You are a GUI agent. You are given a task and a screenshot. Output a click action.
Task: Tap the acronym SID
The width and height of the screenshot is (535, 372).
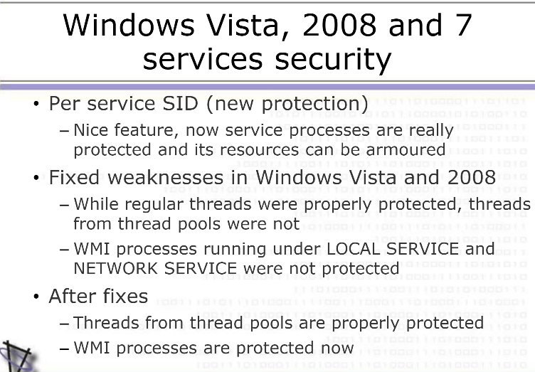(x=180, y=103)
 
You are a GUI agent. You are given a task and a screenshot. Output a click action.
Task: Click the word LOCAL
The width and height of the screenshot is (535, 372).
(x=354, y=248)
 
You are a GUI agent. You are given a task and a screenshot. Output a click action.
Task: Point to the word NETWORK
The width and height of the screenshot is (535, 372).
(x=116, y=268)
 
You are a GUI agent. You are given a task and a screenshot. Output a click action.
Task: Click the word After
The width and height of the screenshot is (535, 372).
(x=73, y=296)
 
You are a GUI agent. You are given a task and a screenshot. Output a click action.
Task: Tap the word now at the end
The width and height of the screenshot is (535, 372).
(x=337, y=348)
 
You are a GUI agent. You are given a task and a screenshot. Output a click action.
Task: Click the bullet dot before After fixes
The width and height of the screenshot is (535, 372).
(x=36, y=297)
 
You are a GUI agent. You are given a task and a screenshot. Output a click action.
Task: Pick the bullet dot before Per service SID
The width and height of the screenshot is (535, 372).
(x=36, y=104)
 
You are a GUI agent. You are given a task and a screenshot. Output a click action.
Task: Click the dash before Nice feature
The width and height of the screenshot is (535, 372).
(x=64, y=131)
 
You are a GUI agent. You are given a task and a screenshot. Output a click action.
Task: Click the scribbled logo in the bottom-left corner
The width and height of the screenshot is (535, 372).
(x=16, y=356)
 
